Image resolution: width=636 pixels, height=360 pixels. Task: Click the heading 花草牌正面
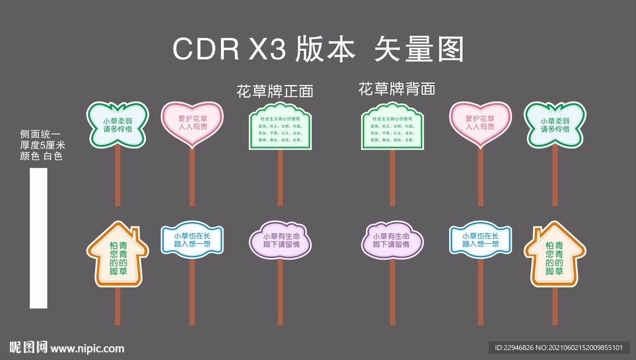(275, 92)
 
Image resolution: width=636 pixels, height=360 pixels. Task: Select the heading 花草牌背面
(397, 89)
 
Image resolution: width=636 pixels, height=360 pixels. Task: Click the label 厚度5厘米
(42, 145)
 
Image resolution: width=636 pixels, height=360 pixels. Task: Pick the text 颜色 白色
(41, 156)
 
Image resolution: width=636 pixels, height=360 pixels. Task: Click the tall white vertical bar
(39, 238)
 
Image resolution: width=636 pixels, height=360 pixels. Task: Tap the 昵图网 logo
(28, 347)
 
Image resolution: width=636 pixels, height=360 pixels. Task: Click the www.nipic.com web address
(87, 348)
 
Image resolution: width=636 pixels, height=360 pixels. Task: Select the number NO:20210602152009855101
(584, 348)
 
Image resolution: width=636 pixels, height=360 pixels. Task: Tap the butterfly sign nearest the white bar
(118, 124)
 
